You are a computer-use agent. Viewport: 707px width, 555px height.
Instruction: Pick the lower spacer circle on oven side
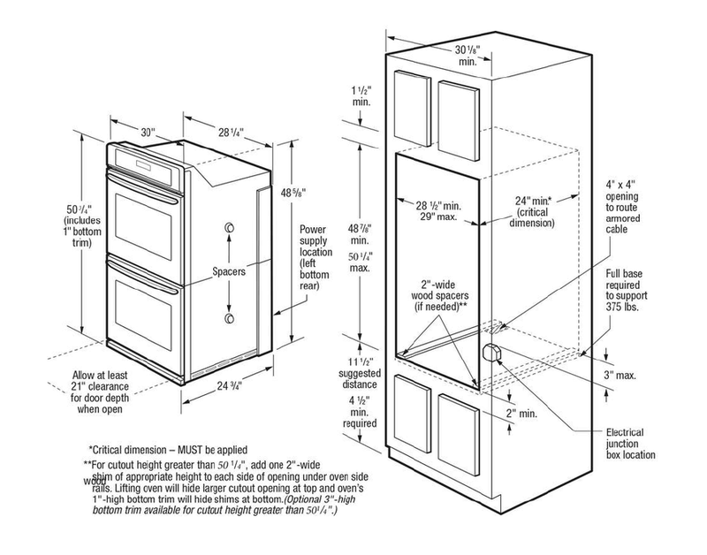(x=229, y=317)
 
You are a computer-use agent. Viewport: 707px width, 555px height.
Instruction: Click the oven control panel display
(x=141, y=165)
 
